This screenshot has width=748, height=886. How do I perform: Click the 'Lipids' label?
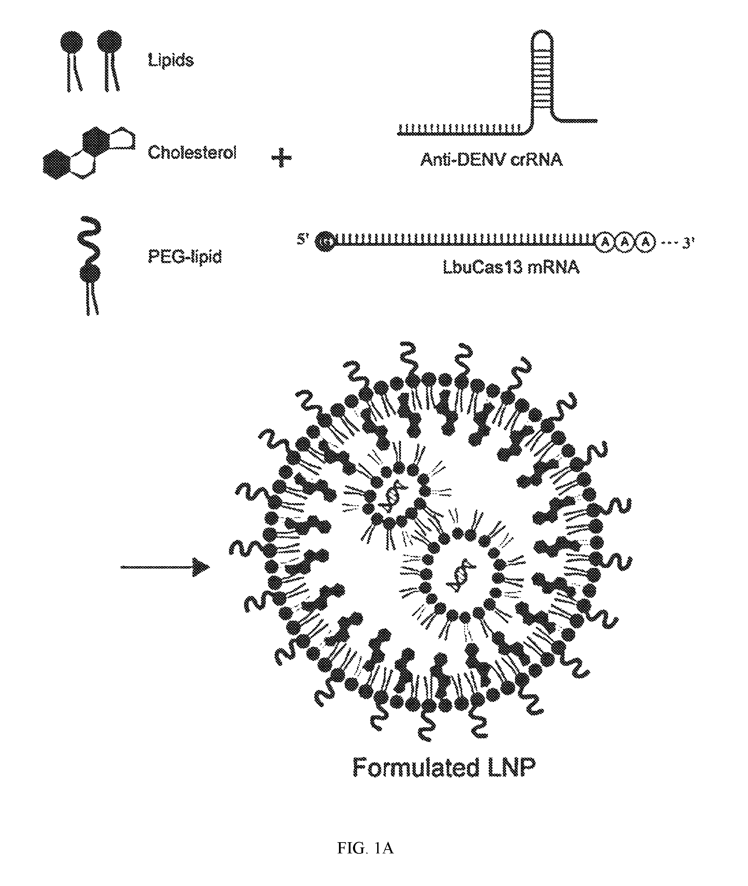click(x=170, y=60)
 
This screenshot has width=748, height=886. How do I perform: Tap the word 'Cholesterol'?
click(x=192, y=152)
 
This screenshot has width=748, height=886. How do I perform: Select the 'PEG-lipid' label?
click(x=185, y=257)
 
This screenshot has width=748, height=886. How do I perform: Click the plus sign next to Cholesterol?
click(x=281, y=158)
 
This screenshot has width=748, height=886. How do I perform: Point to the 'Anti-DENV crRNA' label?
click(x=491, y=160)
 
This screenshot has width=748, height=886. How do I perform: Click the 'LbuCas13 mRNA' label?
click(x=511, y=268)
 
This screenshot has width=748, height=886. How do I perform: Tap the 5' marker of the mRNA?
click(x=303, y=240)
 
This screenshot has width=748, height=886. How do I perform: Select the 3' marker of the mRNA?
click(x=688, y=243)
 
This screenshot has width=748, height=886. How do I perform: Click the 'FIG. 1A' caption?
click(x=366, y=848)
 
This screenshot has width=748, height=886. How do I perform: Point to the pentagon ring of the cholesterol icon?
click(x=123, y=138)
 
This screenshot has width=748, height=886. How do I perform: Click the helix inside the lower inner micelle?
click(x=460, y=577)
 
